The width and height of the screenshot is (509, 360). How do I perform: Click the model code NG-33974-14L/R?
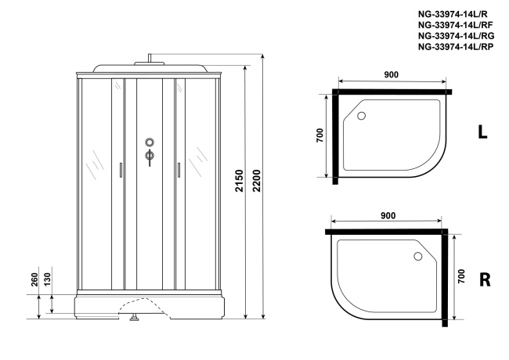[453, 14]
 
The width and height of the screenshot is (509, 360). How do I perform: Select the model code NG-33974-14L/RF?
[455, 25]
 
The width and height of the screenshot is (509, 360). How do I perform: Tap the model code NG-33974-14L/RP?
[455, 47]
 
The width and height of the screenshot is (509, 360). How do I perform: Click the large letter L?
[483, 132]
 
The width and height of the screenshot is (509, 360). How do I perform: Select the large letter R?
[484, 279]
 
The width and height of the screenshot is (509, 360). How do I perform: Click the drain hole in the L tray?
[362, 117]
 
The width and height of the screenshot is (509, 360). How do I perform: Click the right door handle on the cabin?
[179, 170]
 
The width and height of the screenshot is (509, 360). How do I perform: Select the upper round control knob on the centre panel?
[149, 143]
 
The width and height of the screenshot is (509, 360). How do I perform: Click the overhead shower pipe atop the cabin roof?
[149, 59]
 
